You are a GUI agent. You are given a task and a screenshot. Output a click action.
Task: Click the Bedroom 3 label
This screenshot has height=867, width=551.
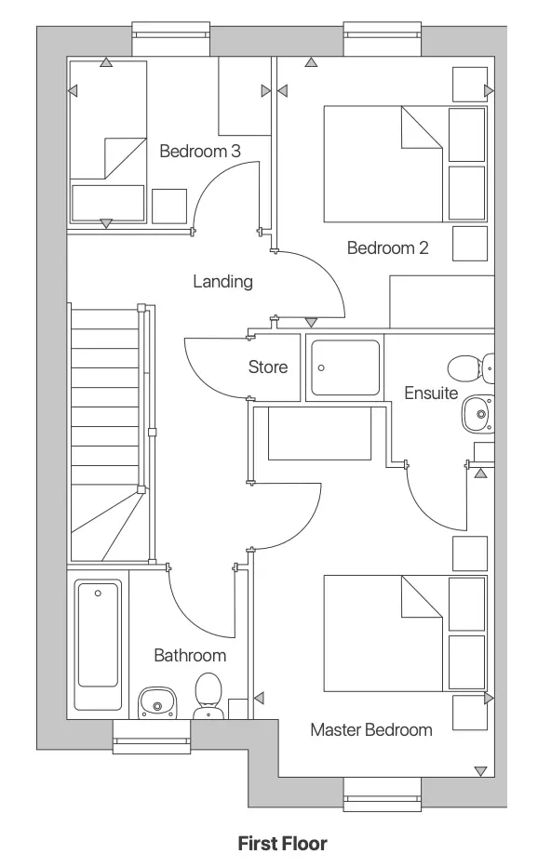200,151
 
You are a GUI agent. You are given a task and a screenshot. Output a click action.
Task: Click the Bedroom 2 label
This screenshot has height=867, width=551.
387,248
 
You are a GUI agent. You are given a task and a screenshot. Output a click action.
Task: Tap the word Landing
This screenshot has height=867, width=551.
222,281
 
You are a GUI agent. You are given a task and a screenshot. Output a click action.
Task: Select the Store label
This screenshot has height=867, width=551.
267,367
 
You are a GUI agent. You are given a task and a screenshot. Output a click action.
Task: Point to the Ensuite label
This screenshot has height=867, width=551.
430,393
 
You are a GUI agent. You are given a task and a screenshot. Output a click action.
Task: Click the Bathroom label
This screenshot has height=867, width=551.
190,656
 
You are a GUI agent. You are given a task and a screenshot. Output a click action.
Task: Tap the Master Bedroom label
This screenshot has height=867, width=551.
371,729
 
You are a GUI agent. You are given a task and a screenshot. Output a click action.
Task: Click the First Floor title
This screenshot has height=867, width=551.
282,844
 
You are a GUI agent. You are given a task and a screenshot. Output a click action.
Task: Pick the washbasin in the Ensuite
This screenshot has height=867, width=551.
477,412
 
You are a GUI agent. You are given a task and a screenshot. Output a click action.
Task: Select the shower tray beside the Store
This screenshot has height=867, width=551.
345,368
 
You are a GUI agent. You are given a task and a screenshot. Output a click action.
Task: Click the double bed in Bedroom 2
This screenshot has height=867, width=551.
383,164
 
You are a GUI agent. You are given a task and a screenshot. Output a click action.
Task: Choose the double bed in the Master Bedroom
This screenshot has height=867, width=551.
383,634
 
